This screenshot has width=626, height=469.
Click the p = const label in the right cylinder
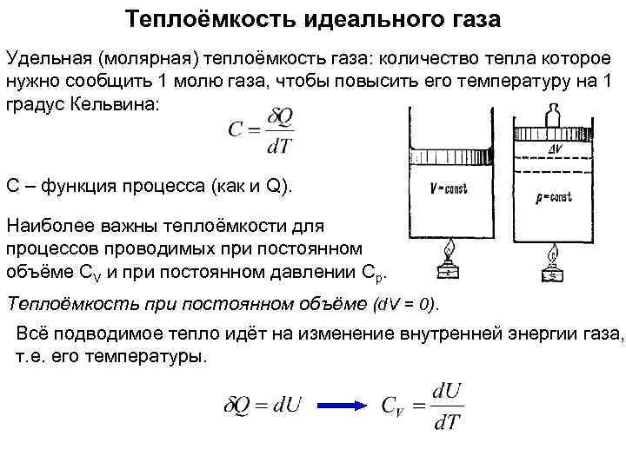click(552, 197)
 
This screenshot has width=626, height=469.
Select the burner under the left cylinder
click(449, 261)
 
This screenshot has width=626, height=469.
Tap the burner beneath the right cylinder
click(553, 265)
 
